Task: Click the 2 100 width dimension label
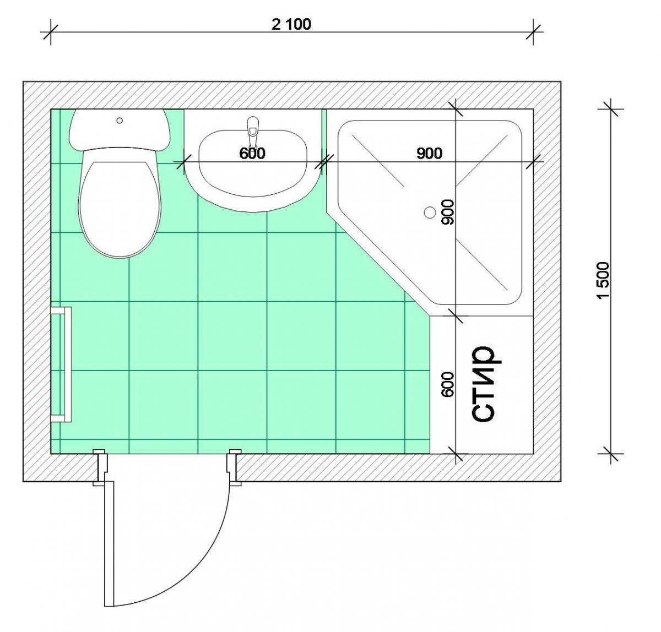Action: point(291,24)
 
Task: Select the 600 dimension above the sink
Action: point(252,154)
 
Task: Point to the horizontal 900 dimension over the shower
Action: point(429,154)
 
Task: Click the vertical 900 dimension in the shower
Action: point(448,212)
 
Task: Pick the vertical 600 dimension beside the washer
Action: point(448,384)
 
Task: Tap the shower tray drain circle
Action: point(430,213)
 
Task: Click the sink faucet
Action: point(252,130)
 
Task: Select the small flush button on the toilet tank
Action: point(119,120)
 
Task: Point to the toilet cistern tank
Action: point(119,129)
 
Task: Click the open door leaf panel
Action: point(109,544)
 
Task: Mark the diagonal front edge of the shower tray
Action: point(378,264)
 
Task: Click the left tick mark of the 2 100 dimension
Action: point(51,32)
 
